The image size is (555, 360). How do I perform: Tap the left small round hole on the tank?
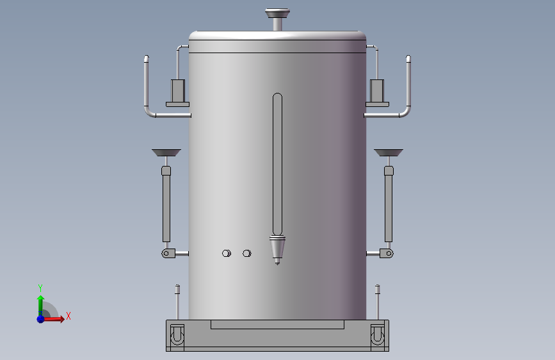point(227,254)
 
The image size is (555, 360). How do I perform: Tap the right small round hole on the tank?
point(247,254)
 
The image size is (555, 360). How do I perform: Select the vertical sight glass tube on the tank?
point(278,164)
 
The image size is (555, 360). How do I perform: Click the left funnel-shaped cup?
point(166,152)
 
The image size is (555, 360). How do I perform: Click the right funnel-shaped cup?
point(389,152)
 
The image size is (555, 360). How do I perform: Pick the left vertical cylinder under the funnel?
point(166,204)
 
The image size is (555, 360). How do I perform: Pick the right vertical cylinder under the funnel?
point(389,204)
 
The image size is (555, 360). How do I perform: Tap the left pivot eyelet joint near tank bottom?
point(168,254)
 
